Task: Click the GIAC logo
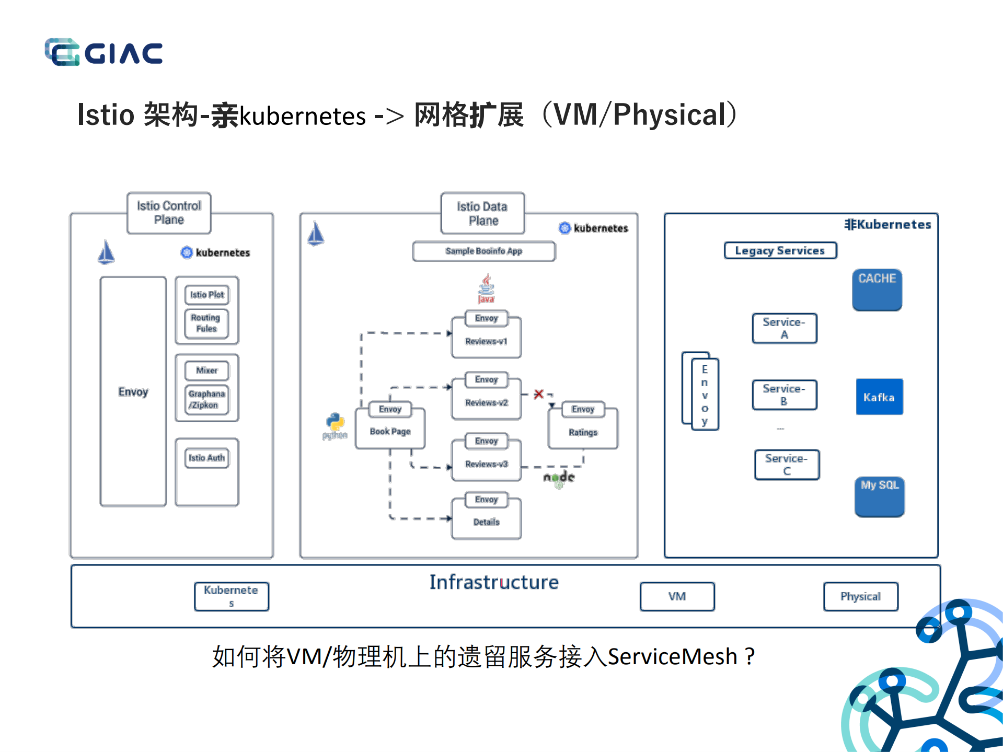point(103,52)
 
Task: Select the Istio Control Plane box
point(169,213)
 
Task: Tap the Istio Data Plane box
point(482,213)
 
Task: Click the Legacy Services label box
point(780,250)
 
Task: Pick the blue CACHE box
point(877,290)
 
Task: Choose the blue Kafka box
point(879,397)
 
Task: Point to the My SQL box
point(879,496)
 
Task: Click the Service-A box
point(784,328)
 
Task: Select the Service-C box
point(787,465)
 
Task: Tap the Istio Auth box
point(206,458)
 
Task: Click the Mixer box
point(206,371)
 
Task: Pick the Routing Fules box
point(206,323)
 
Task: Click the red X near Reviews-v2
point(538,394)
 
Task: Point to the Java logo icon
point(486,288)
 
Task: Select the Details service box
point(486,522)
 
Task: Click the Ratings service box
point(583,432)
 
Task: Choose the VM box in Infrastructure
point(677,596)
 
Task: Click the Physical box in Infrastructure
point(860,596)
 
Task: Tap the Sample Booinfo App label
point(483,251)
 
